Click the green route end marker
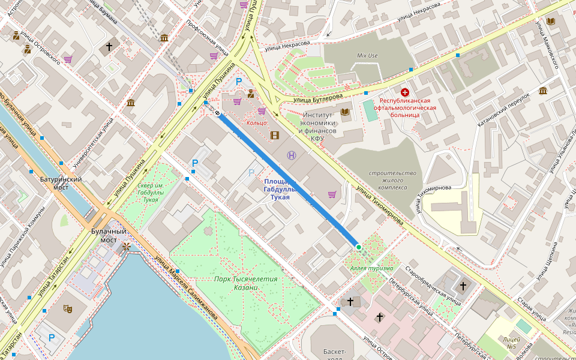point(358,247)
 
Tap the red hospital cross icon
point(405,92)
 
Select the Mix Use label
point(367,56)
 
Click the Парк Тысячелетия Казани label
point(246,283)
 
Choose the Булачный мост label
point(109,235)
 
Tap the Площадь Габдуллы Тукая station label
point(280,189)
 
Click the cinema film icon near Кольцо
point(275,135)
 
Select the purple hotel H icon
point(292,155)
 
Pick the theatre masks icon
point(68,308)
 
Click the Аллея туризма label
point(372,268)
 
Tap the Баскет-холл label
point(334,354)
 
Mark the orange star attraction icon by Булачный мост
point(126,247)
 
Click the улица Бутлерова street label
point(318,97)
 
